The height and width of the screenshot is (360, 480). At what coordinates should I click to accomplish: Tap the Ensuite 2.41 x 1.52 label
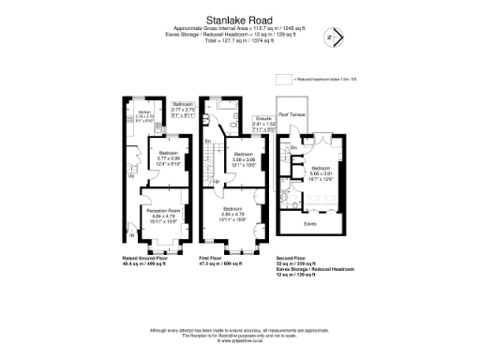coord(263,122)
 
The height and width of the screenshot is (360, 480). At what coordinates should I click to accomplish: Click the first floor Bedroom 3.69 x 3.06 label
coord(244,157)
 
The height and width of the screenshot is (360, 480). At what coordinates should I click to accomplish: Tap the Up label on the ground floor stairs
coord(131,174)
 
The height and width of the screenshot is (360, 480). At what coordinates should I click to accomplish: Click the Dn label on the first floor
coord(207,141)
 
